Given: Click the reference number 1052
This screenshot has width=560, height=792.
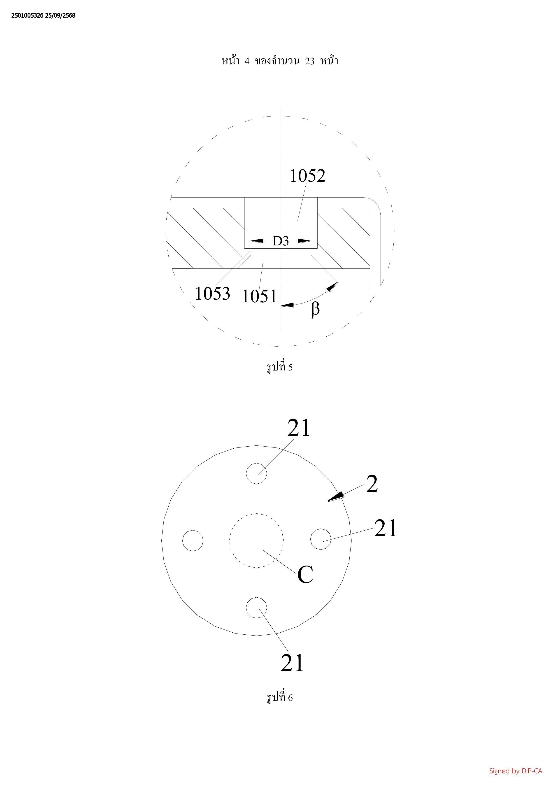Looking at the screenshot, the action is pos(307,176).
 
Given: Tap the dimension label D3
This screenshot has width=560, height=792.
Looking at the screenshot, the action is pos(281,241).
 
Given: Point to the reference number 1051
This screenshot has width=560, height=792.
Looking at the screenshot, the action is pos(259,296).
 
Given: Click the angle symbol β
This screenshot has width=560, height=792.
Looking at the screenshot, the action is pos(315,309).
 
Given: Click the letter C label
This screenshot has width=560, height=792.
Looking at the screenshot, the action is pos(305,574).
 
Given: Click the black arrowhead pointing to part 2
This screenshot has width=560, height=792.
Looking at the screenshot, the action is pos(336,497).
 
